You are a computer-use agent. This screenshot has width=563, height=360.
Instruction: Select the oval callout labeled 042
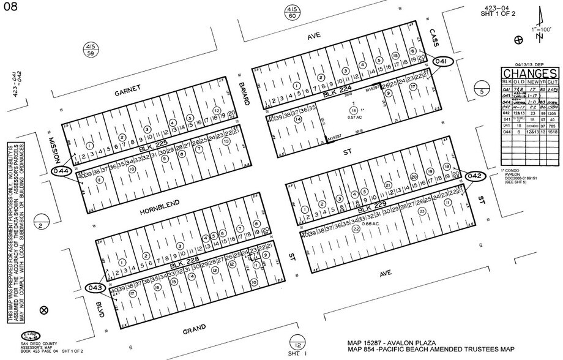[x=475, y=176]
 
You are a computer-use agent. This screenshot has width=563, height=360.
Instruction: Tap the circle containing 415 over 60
[x=292, y=13]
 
